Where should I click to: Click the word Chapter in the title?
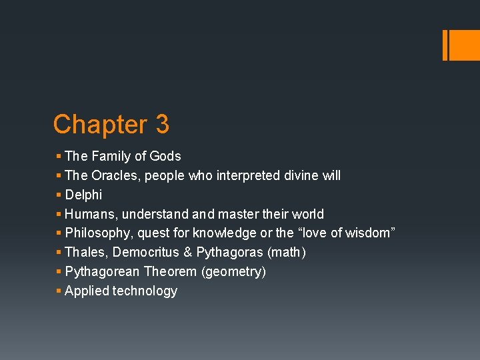point(99,125)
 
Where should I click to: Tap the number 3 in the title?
point(163,125)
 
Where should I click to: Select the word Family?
point(111,156)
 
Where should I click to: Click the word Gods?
point(165,156)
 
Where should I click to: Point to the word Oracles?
point(115,175)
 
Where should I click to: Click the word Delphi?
point(83,195)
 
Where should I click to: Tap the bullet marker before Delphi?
point(59,195)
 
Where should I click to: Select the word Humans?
point(90,214)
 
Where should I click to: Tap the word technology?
point(145,291)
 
